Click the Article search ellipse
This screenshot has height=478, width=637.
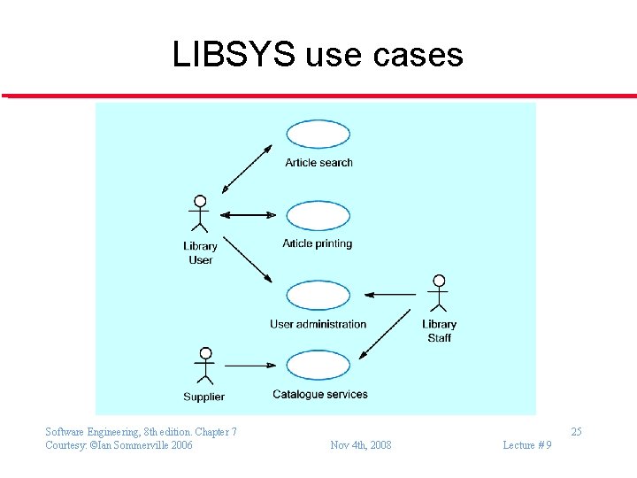[x=318, y=135]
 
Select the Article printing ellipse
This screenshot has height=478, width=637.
[x=318, y=215]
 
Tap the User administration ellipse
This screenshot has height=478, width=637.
[x=318, y=296]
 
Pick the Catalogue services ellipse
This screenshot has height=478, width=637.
[x=318, y=365]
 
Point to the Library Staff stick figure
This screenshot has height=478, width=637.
[x=438, y=293]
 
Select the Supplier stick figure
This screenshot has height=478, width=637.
[x=204, y=365]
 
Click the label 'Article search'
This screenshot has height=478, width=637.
[x=318, y=163]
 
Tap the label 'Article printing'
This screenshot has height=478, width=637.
[x=317, y=243]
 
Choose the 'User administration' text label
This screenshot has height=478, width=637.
[x=318, y=324]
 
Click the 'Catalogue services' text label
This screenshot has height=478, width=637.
[x=319, y=394]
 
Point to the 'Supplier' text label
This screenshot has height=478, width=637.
[x=203, y=397]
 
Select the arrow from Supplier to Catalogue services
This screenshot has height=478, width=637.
[x=251, y=365]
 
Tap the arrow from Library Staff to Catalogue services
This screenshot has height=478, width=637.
[x=386, y=333]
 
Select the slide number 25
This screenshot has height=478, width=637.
[x=576, y=432]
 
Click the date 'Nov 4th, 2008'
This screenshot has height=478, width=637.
[x=360, y=444]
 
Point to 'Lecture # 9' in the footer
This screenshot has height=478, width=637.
[x=526, y=444]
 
